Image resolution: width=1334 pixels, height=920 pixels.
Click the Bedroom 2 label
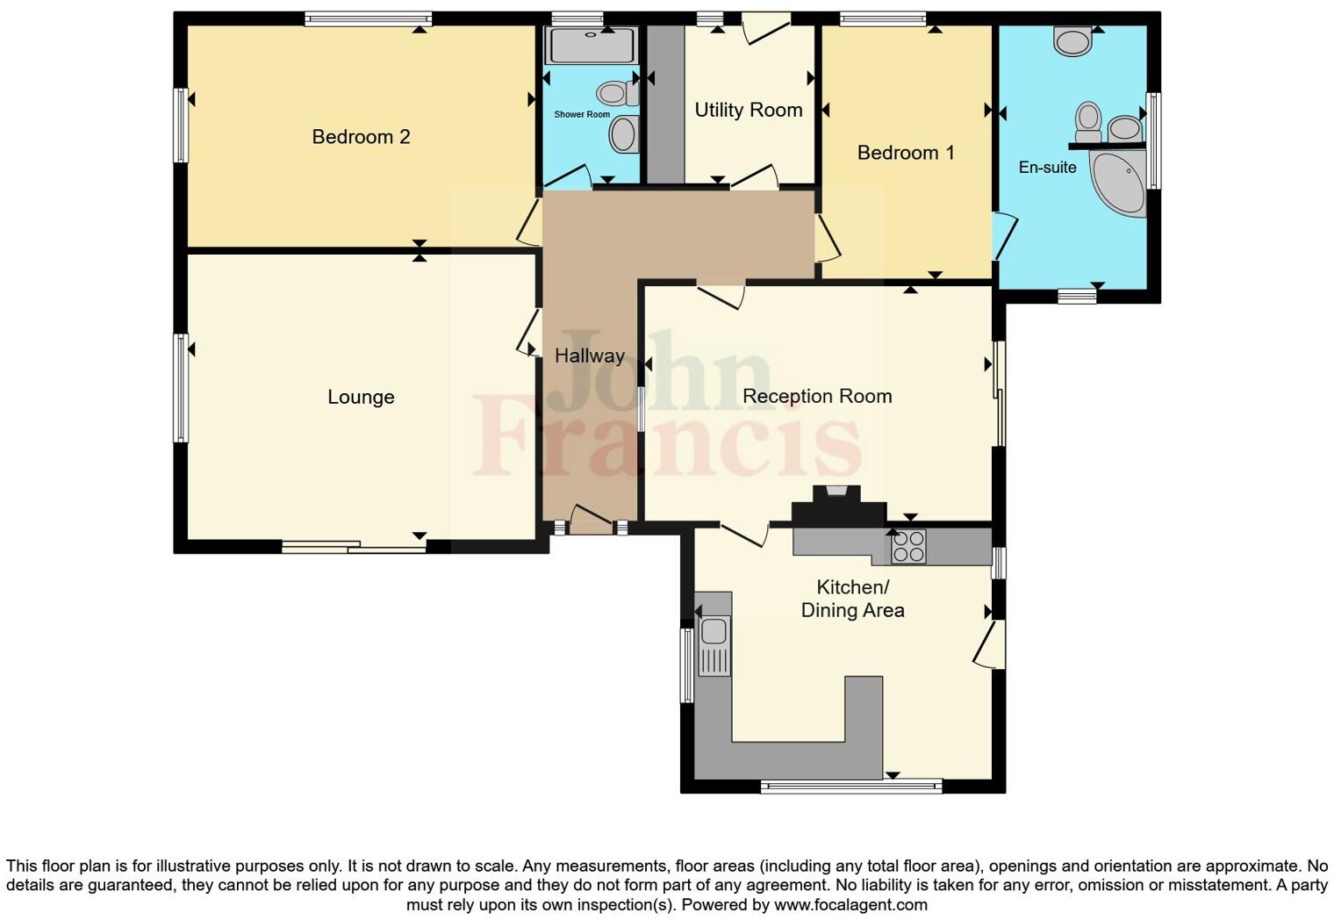pyautogui.click(x=361, y=137)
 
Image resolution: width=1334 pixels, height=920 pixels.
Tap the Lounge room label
pyautogui.click(x=361, y=397)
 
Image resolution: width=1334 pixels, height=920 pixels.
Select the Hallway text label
pyautogui.click(x=589, y=356)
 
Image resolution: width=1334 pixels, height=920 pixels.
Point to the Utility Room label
pyautogui.click(x=749, y=110)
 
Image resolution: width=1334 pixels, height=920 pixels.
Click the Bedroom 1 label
pyautogui.click(x=906, y=153)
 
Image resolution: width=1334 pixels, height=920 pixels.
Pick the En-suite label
pyautogui.click(x=1047, y=167)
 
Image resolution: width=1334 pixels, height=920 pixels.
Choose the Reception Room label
pyautogui.click(x=817, y=396)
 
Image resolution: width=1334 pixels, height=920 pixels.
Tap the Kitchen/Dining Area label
pyautogui.click(x=852, y=598)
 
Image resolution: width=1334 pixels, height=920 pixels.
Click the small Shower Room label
pyautogui.click(x=582, y=114)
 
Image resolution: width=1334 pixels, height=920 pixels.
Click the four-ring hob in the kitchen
pyautogui.click(x=909, y=547)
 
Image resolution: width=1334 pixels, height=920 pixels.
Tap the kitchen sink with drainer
pyautogui.click(x=714, y=645)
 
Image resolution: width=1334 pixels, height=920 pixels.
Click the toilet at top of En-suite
pyautogui.click(x=1072, y=40)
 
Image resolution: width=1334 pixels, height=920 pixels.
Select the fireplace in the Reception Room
pyautogui.click(x=838, y=507)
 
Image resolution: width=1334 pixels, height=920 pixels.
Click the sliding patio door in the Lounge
pyautogui.click(x=355, y=547)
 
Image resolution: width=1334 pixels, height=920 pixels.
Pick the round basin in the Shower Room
pyautogui.click(x=623, y=134)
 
